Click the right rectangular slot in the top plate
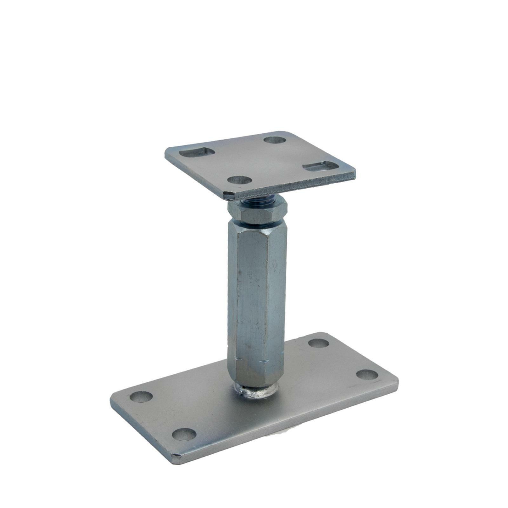tap(320, 166)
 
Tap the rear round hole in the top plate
tap(275, 140)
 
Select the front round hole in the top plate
tap(240, 180)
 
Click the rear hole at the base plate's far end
tap(318, 343)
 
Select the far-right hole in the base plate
tap(367, 375)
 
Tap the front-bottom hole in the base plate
tap(184, 434)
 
